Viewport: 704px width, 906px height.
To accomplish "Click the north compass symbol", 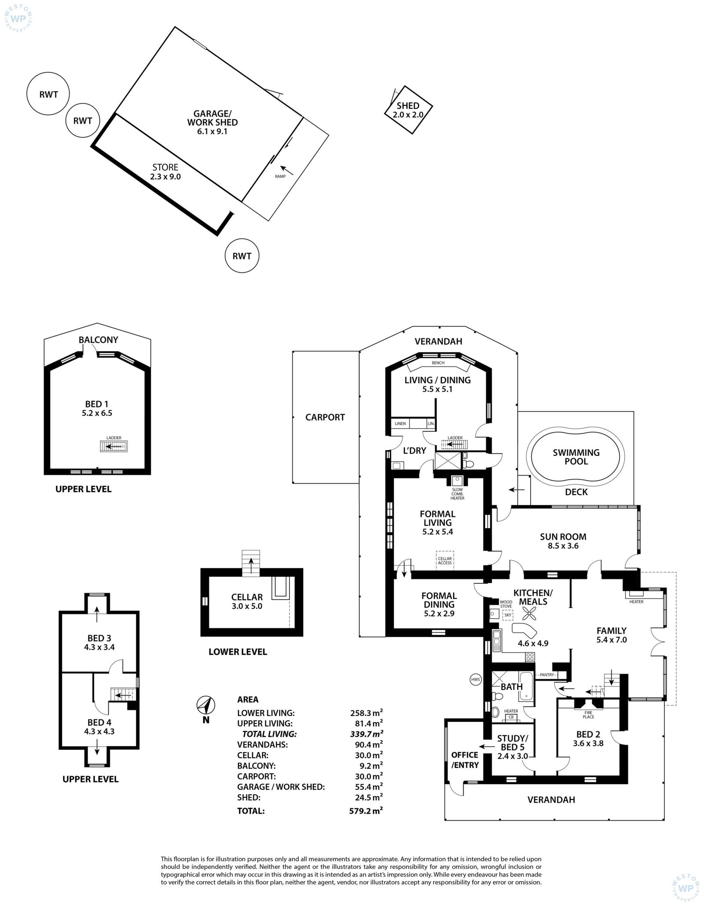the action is coord(205,705).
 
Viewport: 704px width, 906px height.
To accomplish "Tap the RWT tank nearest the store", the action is coord(83,121).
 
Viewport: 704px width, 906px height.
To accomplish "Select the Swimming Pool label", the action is coord(576,457).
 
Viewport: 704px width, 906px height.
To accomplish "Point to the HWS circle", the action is coord(476,679).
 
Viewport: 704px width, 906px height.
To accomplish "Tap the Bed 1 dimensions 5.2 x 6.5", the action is coord(97,413).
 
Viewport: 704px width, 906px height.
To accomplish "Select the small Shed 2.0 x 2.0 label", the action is coord(408,110).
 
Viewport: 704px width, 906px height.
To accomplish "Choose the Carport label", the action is coord(325,417).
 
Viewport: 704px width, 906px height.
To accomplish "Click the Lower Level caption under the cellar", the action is coord(238,652).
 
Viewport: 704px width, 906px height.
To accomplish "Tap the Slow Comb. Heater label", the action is coord(458,494).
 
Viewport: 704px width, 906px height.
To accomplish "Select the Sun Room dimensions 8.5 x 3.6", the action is coord(563,546).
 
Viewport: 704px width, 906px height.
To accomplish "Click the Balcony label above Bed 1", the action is coord(99,340).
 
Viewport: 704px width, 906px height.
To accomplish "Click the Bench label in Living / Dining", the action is coord(438,363).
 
